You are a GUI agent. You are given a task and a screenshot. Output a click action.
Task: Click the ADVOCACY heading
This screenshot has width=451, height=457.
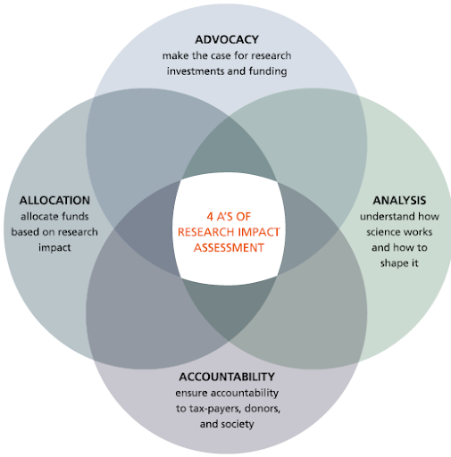coord(227,39)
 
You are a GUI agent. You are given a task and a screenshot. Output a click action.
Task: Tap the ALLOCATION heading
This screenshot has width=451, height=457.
coord(54,200)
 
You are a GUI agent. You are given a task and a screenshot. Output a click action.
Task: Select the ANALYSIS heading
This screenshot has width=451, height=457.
coord(399,200)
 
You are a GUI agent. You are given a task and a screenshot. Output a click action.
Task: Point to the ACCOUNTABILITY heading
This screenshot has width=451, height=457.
coord(227,377)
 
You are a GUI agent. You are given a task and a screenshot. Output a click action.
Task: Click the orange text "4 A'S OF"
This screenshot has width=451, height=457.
coord(229,217)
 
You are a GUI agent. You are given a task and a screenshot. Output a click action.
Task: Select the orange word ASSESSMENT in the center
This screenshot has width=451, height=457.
coord(229,247)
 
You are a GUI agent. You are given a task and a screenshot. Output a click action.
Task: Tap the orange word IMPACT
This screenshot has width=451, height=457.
coord(259,232)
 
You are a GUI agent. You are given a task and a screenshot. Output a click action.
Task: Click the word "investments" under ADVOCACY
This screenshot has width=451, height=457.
coord(196,71)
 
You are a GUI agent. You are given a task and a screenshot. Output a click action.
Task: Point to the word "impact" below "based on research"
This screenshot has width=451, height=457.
coord(54,248)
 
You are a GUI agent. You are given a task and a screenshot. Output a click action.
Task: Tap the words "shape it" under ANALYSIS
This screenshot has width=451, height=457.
coord(399,263)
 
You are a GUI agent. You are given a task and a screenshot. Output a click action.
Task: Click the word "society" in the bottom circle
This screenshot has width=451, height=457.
coord(238,424)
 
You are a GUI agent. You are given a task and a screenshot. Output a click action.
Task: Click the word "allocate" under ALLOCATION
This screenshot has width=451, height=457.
coord(38,216)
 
